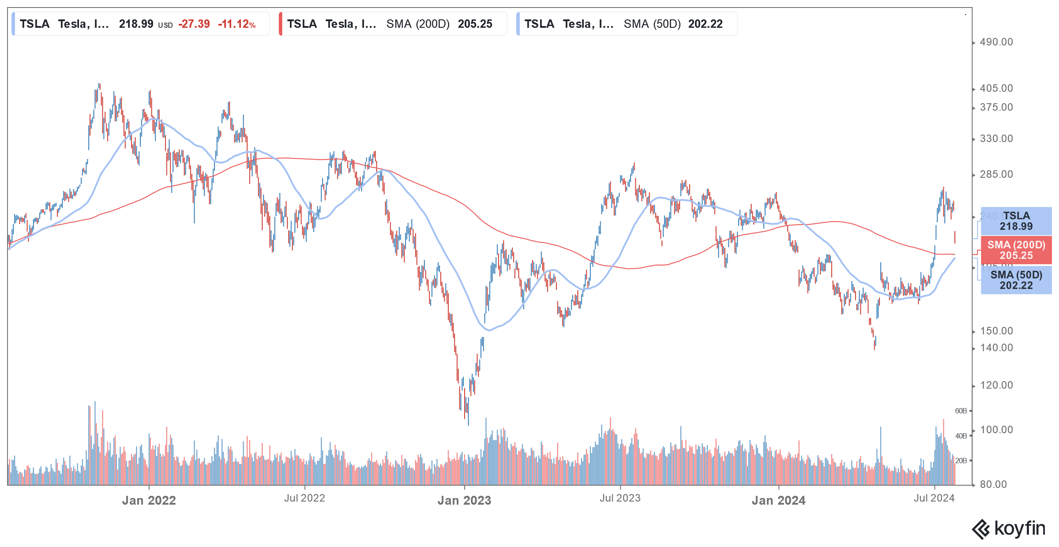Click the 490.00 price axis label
pos(996,42)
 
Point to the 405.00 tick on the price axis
pos(996,88)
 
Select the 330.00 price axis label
pos(996,139)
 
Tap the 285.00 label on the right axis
pos(996,174)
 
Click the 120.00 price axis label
pos(996,385)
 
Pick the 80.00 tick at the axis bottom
pos(993,484)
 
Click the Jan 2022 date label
pos(149,500)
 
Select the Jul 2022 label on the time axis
pos(304,498)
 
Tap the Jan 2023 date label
pos(464,500)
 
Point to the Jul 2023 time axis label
pos(620,498)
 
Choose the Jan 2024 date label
pos(779,500)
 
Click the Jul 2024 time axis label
pos(934,498)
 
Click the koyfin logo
pos(1009,529)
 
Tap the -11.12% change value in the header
pos(237,24)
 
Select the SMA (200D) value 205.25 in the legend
pos(475,24)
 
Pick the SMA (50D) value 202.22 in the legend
pos(705,24)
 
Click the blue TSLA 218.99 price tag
pos(1016,221)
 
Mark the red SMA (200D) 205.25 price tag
pos(1016,250)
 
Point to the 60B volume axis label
pos(961,411)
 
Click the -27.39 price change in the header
pos(194,24)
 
